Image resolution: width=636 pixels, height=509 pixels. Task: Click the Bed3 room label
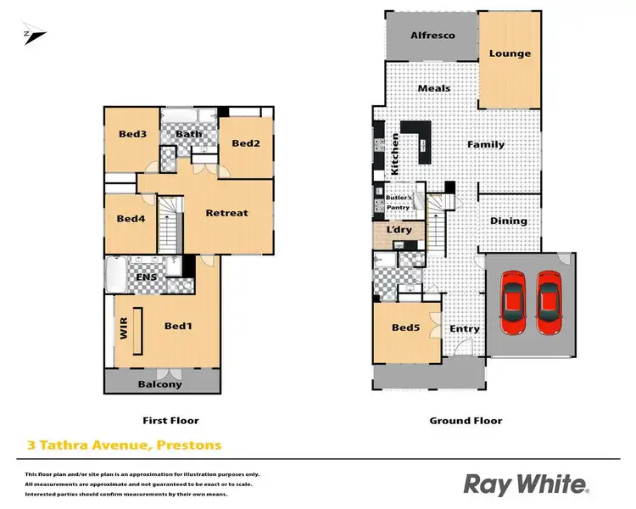(x=132, y=134)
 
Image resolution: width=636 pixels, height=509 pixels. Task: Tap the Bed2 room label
(x=245, y=143)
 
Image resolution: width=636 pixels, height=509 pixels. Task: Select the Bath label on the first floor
(x=187, y=134)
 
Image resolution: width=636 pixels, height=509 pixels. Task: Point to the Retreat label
(x=227, y=213)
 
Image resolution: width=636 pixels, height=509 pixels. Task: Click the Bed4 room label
(x=131, y=219)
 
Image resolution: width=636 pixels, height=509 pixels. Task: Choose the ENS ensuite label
(x=145, y=276)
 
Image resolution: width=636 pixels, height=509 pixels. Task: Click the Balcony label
(x=160, y=384)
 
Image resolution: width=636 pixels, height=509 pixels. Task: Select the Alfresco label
(x=432, y=35)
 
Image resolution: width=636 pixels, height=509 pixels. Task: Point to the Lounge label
(x=510, y=53)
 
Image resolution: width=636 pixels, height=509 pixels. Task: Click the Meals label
(x=434, y=88)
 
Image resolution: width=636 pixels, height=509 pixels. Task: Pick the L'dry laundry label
(x=398, y=231)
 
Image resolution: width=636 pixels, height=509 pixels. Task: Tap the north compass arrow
(x=36, y=35)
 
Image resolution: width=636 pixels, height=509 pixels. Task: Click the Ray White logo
(x=525, y=484)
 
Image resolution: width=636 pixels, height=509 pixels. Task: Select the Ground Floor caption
(x=466, y=420)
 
